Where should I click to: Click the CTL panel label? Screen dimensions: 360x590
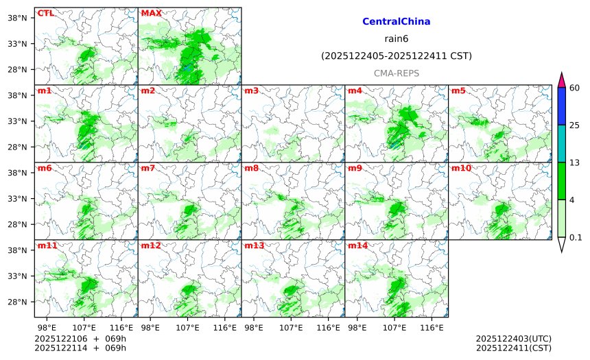(46, 13)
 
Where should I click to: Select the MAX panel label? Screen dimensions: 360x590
(151, 13)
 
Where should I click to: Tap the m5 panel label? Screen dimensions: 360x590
(458, 91)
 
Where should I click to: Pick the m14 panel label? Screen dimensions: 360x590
(357, 245)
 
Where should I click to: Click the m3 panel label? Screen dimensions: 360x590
(251, 91)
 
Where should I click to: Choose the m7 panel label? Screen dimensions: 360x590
(147, 168)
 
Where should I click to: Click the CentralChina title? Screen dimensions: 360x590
(396, 22)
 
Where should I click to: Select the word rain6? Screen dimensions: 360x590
(396, 38)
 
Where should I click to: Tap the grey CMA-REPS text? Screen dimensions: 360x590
(396, 73)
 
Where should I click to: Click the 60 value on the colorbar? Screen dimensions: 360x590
(575, 87)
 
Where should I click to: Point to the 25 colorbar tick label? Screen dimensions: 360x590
(575, 125)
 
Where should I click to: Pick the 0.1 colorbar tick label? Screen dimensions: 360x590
(576, 237)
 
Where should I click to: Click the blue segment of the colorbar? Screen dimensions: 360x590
(561, 106)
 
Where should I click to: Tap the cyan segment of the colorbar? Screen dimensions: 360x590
(561, 143)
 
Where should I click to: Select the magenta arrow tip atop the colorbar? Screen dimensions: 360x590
(561, 79)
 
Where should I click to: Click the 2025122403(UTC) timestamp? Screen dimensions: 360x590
(513, 339)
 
